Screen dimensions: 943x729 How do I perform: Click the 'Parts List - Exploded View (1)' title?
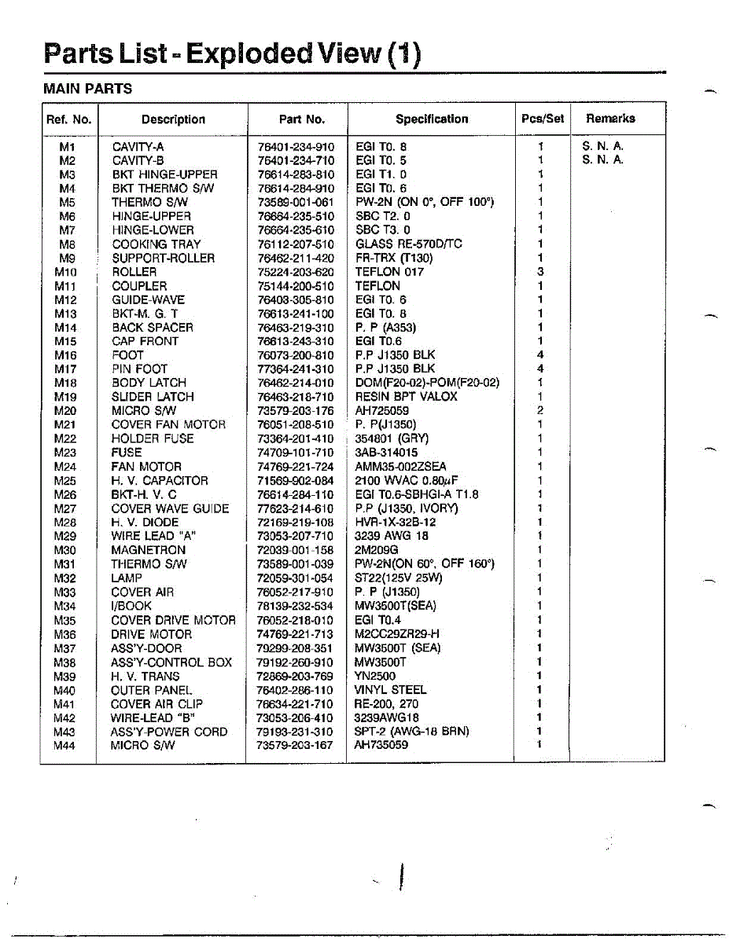coord(232,53)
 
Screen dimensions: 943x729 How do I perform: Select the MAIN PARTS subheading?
coord(87,89)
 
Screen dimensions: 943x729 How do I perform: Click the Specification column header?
coord(431,119)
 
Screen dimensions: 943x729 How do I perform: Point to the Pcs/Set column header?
coord(542,119)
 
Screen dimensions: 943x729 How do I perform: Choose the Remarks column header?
coord(610,119)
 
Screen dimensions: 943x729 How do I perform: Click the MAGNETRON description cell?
coord(148,550)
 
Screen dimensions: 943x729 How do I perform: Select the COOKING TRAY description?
coord(156,244)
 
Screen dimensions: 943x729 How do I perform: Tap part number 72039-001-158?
coord(295,550)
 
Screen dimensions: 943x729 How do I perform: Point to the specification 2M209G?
coord(377,550)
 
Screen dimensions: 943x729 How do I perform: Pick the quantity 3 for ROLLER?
coord(540,272)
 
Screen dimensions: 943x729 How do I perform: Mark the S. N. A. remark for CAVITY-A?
coord(602,146)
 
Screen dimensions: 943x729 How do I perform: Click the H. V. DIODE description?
coord(145,523)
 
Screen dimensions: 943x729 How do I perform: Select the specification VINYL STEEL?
coord(390,690)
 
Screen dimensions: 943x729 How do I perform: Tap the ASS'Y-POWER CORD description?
coord(169,732)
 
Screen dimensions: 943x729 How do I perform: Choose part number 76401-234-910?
coord(295,147)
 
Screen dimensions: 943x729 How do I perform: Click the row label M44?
coord(64,745)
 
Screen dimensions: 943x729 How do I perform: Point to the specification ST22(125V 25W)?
coord(399,578)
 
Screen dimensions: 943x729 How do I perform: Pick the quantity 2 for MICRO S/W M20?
coord(540,411)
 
